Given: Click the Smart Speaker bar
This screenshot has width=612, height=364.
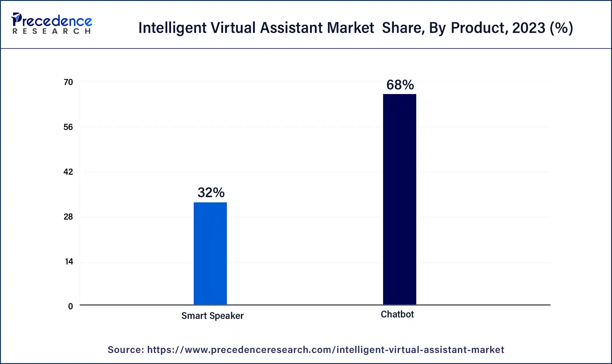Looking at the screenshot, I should (x=210, y=253).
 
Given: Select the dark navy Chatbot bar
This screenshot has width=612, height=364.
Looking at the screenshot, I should (x=399, y=199).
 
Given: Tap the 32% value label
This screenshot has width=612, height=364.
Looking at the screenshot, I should (x=211, y=192).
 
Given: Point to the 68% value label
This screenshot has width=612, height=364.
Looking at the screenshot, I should (x=400, y=85).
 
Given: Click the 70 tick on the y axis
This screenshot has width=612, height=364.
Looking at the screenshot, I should (x=68, y=82).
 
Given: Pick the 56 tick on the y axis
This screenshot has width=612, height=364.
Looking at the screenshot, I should (x=68, y=127).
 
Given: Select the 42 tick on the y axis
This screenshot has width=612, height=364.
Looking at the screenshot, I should (x=68, y=172).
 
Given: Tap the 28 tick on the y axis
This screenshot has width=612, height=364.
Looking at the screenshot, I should (x=68, y=217).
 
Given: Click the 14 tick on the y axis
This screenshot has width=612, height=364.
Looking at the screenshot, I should (x=69, y=262).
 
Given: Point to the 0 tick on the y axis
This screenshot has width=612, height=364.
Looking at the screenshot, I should (x=70, y=307).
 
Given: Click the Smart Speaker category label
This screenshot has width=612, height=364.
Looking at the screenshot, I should (x=212, y=316).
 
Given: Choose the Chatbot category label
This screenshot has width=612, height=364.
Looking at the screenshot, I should (x=397, y=314).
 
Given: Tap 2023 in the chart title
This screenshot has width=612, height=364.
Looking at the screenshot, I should (x=529, y=28).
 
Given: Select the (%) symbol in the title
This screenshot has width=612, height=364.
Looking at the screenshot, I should (x=561, y=28).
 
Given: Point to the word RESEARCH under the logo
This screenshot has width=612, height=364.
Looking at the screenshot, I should (x=52, y=31).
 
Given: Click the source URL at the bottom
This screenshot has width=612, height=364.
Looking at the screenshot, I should (x=325, y=350).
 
